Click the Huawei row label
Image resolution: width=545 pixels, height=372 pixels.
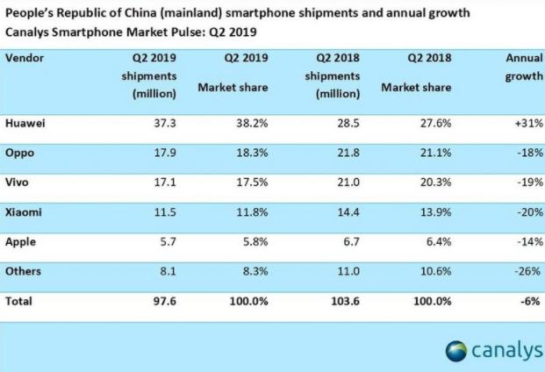(25, 124)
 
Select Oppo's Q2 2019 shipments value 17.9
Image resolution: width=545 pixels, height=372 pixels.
(165, 153)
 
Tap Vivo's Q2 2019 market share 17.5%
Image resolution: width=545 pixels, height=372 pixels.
(252, 182)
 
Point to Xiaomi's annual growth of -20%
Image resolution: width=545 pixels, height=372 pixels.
(530, 212)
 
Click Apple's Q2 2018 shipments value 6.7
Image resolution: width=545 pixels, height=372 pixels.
(351, 242)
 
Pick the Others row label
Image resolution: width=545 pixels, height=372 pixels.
(23, 271)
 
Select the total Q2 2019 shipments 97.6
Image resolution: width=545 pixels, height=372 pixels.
(165, 301)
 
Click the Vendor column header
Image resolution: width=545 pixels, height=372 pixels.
(25, 58)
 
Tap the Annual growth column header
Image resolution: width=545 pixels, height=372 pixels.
(524, 67)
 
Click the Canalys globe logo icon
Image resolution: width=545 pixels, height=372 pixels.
(456, 351)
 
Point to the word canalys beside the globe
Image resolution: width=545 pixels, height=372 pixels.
(507, 350)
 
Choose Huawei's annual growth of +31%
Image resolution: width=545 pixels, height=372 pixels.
(529, 124)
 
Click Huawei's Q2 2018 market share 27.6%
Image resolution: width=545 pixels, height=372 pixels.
(435, 124)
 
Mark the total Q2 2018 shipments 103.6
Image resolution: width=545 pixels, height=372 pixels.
(345, 301)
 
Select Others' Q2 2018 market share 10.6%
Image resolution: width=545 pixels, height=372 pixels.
(436, 271)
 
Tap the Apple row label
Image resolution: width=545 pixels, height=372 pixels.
(20, 242)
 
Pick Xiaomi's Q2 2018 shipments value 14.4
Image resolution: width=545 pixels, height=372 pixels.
(348, 212)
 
